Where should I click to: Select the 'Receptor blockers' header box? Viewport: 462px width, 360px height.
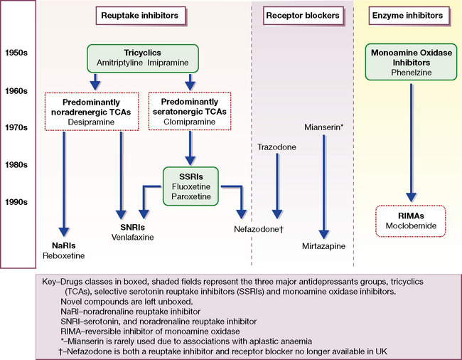tap(302, 15)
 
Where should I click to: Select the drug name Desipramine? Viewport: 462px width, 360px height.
tap(80, 122)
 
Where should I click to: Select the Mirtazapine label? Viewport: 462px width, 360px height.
tap(323, 245)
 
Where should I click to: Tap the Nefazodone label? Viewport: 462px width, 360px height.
tap(259, 230)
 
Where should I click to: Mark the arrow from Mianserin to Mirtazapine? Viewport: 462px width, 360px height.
tap(324, 185)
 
